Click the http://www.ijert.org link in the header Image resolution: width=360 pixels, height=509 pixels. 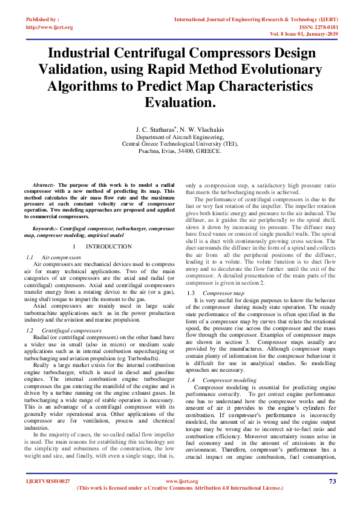(49, 27)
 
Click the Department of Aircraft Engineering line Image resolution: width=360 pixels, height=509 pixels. (180, 137)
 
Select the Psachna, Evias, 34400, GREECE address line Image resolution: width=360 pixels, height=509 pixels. (180, 151)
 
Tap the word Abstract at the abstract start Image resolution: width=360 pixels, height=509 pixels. (43, 183)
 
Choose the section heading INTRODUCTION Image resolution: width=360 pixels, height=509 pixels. (108, 247)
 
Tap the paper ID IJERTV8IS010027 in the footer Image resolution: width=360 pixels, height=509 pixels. (48, 481)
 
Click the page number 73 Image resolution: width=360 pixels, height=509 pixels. (332, 481)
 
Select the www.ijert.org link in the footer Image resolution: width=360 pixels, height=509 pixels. (179, 481)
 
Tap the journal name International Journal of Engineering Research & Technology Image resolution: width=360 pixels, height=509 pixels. (254, 19)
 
